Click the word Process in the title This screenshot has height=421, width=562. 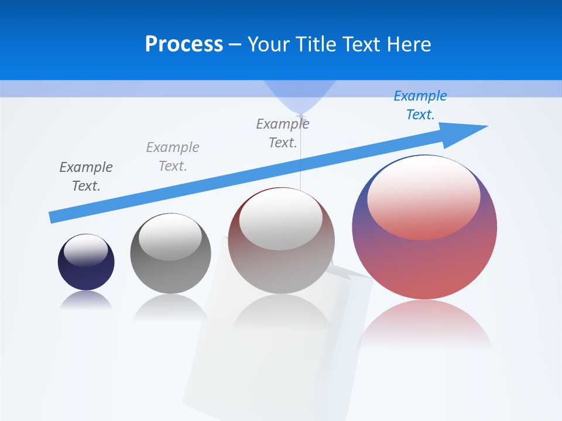click(184, 44)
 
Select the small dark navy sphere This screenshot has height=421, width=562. click(86, 263)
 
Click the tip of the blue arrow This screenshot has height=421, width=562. click(486, 126)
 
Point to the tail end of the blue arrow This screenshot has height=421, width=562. click(52, 218)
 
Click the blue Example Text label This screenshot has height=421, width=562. click(420, 105)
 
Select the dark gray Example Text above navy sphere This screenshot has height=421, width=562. click(86, 177)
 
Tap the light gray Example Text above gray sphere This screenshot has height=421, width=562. click(173, 157)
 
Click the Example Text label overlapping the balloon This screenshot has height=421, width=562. click(283, 133)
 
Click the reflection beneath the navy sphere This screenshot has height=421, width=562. click(86, 300)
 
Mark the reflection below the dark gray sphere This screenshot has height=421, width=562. click(170, 306)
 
